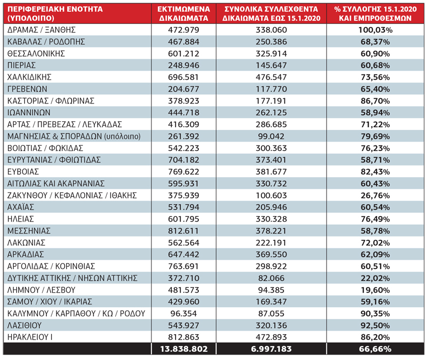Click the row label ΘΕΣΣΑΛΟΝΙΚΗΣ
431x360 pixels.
pos(36,53)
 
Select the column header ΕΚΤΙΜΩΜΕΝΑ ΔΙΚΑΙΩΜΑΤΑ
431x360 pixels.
pos(184,13)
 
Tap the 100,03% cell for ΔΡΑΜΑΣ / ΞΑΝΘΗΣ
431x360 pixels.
pos(375,30)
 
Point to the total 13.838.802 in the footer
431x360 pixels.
pos(184,349)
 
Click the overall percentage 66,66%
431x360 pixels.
pos(375,349)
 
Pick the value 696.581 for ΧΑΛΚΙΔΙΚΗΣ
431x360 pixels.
pos(184,77)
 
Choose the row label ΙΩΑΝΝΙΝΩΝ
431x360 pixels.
pos(29,113)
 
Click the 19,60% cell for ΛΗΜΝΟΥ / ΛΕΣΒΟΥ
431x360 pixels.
pos(375,290)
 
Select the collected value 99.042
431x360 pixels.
pos(272,136)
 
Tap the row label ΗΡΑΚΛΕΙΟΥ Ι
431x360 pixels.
pos(30,337)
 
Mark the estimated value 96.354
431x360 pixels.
pos(184,314)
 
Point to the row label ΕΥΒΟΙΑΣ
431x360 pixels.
pos(23,171)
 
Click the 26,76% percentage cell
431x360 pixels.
pos(375,195)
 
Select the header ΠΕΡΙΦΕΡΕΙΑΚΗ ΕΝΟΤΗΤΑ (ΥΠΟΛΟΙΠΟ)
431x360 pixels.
pos(55,13)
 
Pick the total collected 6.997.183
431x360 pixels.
pos(272,349)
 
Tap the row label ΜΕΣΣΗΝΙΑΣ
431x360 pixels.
pos(29,231)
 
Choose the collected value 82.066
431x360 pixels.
pos(272,278)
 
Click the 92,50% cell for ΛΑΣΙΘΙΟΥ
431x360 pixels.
pos(375,326)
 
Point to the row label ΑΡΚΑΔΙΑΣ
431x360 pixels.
pos(25,254)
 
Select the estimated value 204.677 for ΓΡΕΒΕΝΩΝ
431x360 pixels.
pos(184,89)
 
